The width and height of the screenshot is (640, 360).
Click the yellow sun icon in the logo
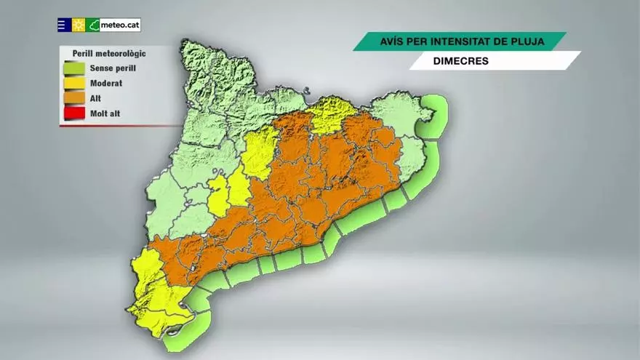79,25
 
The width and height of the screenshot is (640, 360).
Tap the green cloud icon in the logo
93,25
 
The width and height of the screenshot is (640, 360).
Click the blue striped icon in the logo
64,25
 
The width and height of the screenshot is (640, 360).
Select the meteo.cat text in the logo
120,25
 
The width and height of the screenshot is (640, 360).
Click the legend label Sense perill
113,68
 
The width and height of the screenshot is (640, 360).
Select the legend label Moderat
105,83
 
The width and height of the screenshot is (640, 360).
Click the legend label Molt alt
107,113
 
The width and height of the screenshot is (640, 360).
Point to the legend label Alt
95,97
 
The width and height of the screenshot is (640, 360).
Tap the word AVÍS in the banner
393,41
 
